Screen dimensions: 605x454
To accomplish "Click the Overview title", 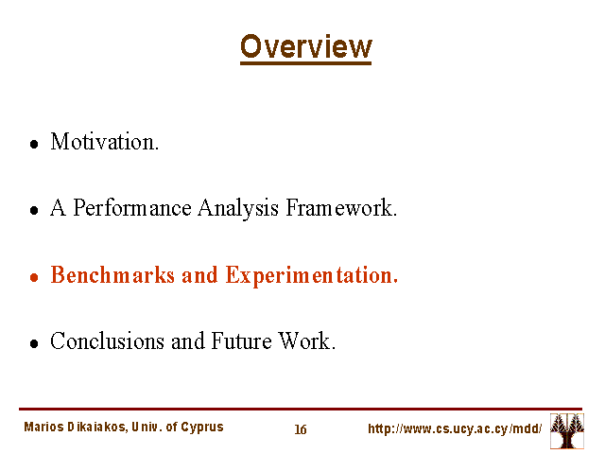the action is pyautogui.click(x=306, y=47).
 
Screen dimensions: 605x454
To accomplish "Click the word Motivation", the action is pyautogui.click(x=105, y=142).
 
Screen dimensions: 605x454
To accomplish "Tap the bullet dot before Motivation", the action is pyautogui.click(x=34, y=145).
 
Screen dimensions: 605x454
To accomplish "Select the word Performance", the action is pyautogui.click(x=132, y=208).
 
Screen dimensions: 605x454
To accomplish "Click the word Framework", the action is pyautogui.click(x=341, y=208).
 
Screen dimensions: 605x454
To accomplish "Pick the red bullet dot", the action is pyautogui.click(x=34, y=277).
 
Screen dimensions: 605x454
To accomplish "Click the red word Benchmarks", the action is pyautogui.click(x=112, y=275).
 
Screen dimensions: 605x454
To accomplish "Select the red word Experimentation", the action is pyautogui.click(x=311, y=276).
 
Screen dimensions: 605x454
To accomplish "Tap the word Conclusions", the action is pyautogui.click(x=107, y=340).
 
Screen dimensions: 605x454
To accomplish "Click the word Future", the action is pyautogui.click(x=241, y=340).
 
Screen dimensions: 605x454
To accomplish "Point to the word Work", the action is pyautogui.click(x=306, y=340).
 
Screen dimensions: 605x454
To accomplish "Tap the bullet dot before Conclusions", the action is pyautogui.click(x=34, y=343).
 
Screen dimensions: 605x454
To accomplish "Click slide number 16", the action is pyautogui.click(x=301, y=429).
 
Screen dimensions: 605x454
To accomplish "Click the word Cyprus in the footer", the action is pyautogui.click(x=202, y=428).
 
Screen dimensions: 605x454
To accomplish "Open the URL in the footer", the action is pyautogui.click(x=455, y=428).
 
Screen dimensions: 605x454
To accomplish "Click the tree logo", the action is pyautogui.click(x=567, y=431).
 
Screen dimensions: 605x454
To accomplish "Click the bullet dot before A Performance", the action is pyautogui.click(x=34, y=210).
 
